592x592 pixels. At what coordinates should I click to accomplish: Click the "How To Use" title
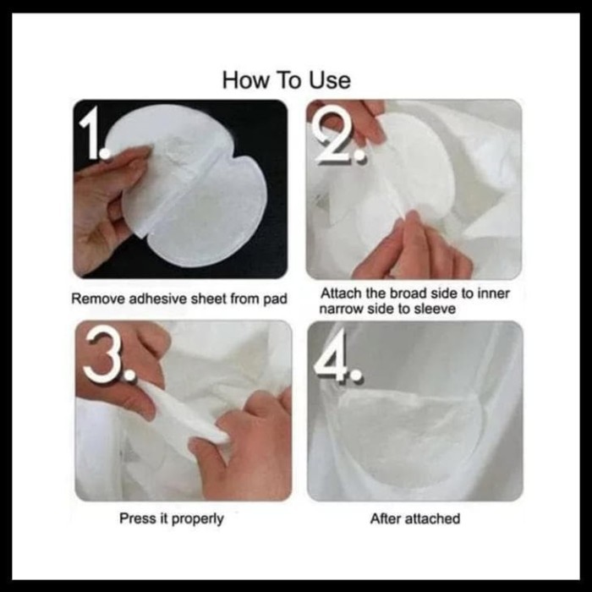click(x=286, y=80)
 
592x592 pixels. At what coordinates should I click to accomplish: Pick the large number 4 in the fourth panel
click(x=338, y=356)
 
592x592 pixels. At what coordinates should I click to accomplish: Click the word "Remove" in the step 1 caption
click(x=99, y=299)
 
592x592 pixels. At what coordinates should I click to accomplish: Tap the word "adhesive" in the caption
click(x=158, y=299)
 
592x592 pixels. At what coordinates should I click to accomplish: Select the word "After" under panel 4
click(x=385, y=518)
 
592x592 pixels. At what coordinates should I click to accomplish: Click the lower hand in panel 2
click(x=412, y=249)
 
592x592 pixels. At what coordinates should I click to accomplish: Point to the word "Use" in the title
click(x=330, y=80)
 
